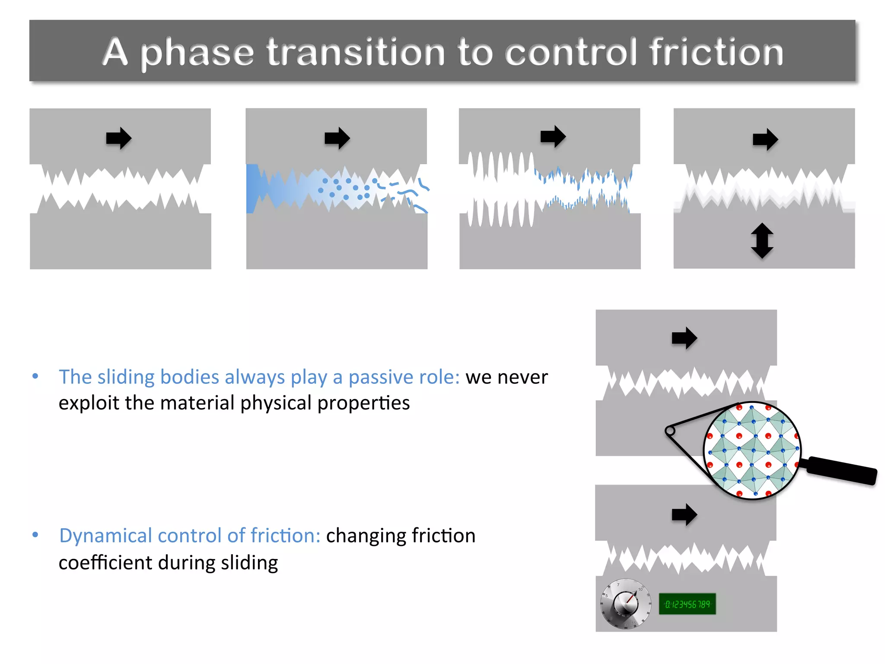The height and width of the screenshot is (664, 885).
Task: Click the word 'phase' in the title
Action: [197, 53]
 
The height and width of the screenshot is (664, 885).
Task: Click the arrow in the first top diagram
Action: [119, 138]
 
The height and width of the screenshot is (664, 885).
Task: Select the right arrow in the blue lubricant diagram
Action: [337, 138]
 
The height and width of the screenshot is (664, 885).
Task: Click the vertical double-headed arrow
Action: [762, 241]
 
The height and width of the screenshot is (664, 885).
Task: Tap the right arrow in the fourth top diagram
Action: [765, 139]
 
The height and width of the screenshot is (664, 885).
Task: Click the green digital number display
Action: [687, 604]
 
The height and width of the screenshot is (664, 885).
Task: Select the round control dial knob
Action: [626, 603]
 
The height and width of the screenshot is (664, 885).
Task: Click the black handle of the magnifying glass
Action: [840, 470]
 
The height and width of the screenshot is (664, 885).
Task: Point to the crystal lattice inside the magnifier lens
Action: [752, 450]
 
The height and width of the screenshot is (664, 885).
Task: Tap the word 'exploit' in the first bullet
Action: [89, 403]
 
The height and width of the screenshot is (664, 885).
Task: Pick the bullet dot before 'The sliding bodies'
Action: [35, 376]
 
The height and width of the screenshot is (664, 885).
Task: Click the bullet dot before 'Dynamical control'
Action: [35, 535]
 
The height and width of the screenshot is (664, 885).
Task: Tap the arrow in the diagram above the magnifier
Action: [684, 338]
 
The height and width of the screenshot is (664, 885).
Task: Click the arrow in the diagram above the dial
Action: [684, 514]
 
